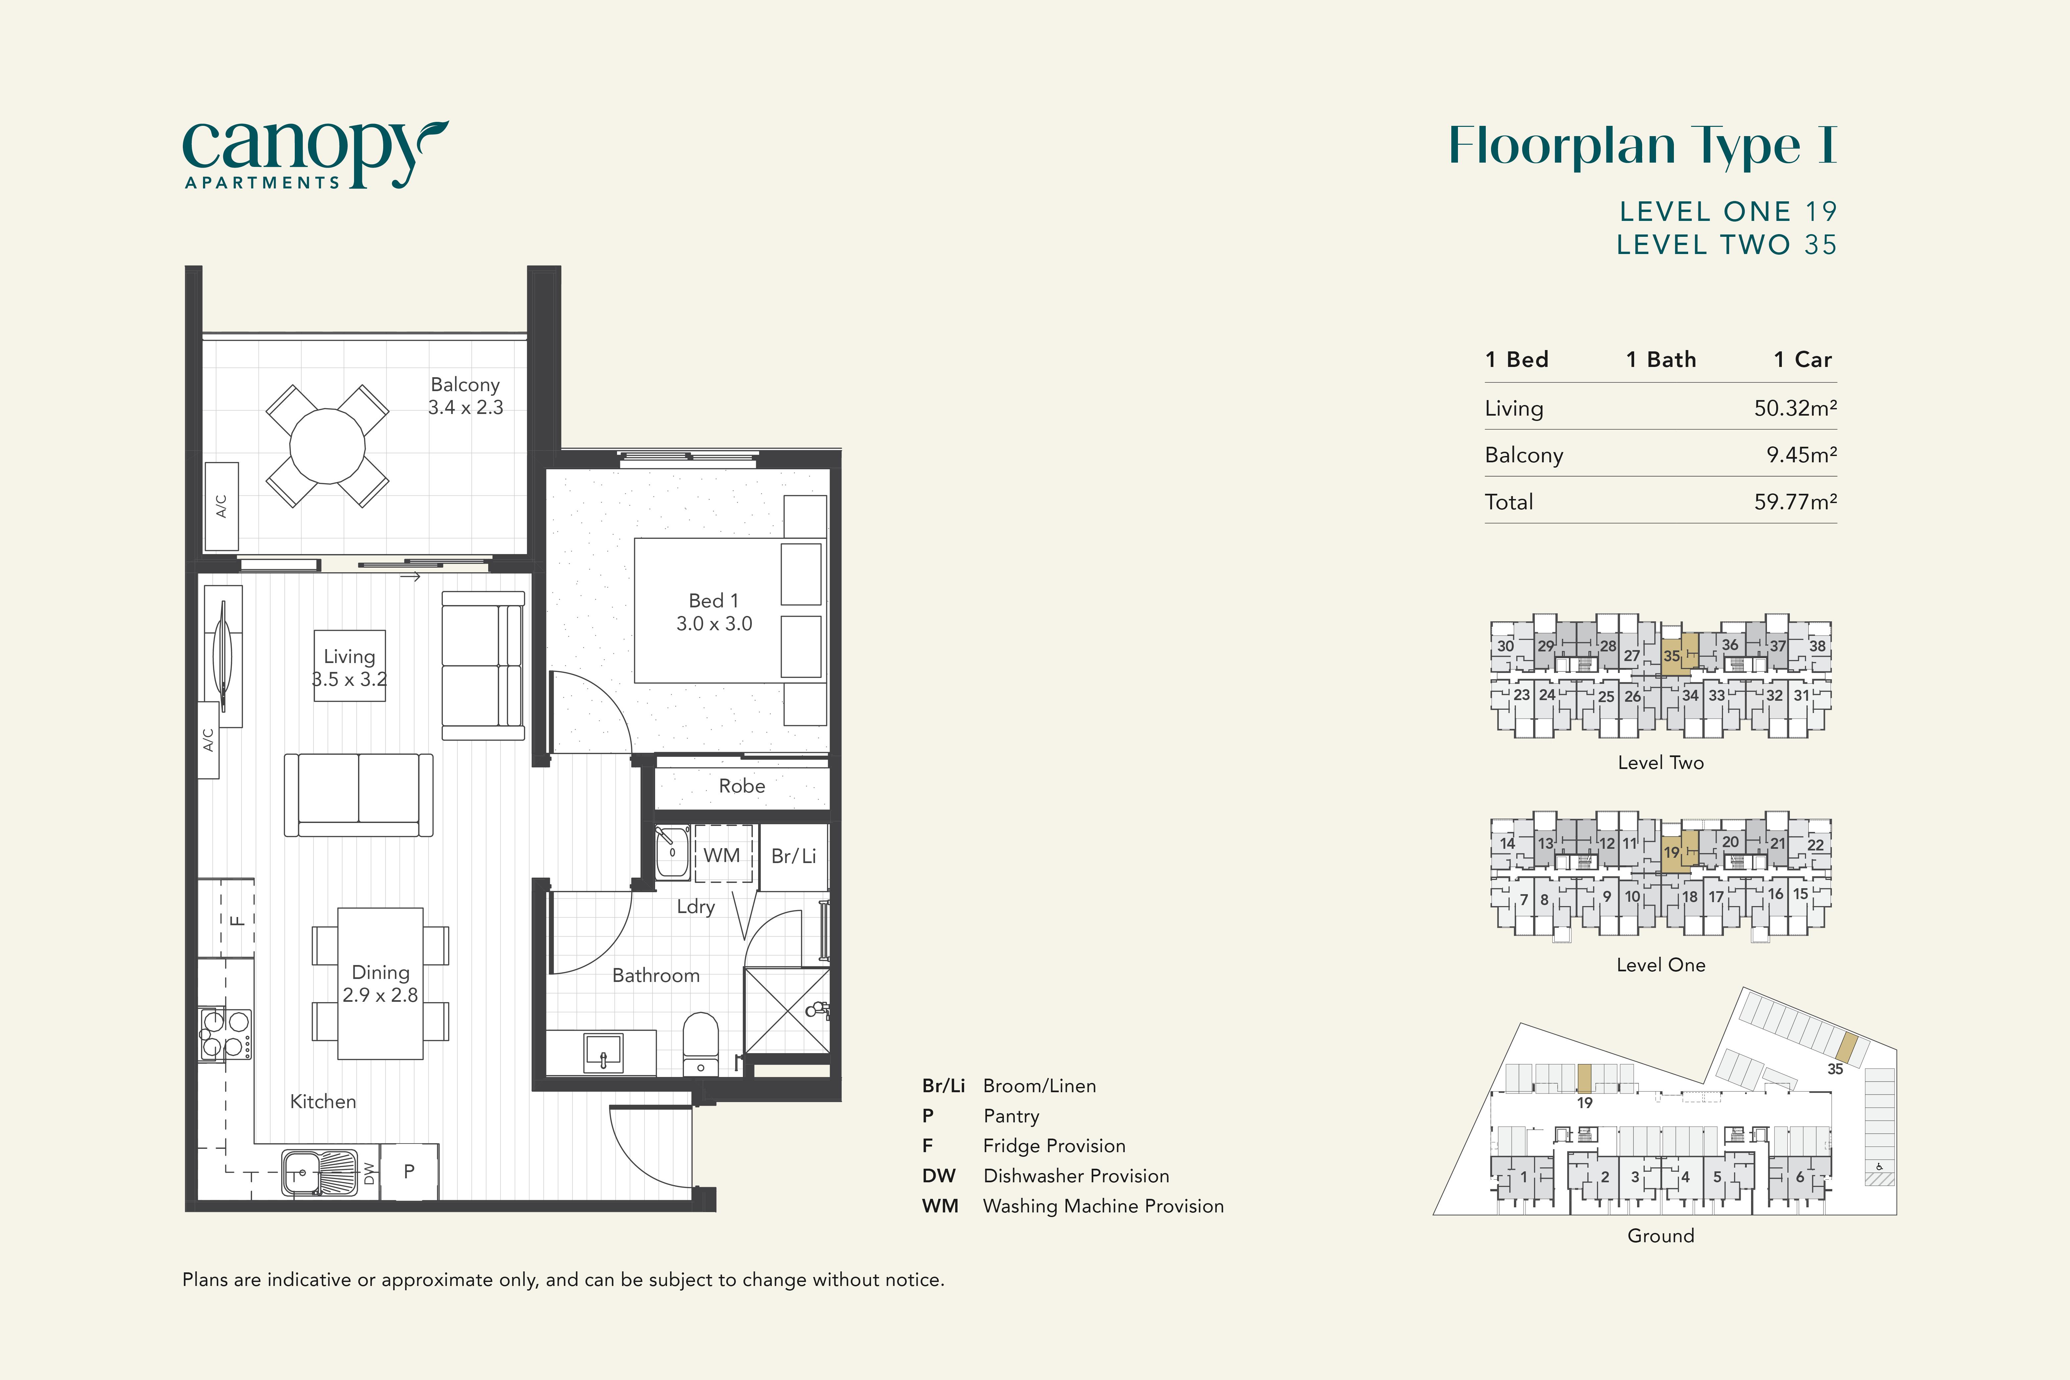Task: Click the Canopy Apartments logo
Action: pos(315,155)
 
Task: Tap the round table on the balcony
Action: pos(328,446)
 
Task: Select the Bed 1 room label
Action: pos(714,612)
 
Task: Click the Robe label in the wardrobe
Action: pos(742,786)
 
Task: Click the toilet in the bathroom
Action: pos(700,1043)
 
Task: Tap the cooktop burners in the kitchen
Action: pos(225,1034)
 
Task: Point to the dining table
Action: pos(380,983)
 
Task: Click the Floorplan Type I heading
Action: pos(1643,146)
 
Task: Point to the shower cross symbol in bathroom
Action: pos(787,1010)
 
